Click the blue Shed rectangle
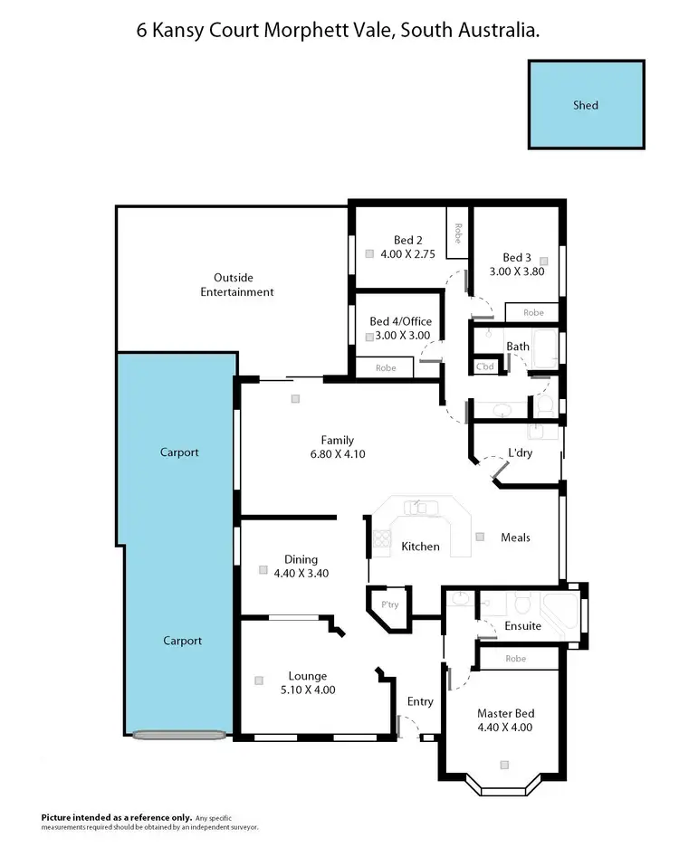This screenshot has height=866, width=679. (586, 104)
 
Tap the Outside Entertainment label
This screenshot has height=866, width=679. (233, 285)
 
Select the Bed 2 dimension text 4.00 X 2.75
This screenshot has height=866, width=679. (402, 254)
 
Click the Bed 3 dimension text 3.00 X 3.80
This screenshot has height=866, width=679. (516, 271)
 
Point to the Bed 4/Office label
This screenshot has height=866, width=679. (400, 321)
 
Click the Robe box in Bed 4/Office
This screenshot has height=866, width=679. (384, 367)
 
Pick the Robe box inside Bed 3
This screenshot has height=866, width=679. (533, 312)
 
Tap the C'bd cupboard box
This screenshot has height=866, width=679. (485, 366)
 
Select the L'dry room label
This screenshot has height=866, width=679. (519, 452)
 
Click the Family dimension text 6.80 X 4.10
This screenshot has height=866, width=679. (336, 455)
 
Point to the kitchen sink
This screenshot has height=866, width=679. (422, 508)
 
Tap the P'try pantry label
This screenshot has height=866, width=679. (390, 604)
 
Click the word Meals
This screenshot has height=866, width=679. (515, 538)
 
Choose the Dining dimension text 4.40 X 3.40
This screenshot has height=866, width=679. (301, 573)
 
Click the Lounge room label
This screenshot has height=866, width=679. (307, 675)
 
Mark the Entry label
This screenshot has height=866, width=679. (420, 701)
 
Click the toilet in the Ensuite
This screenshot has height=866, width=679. (521, 602)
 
